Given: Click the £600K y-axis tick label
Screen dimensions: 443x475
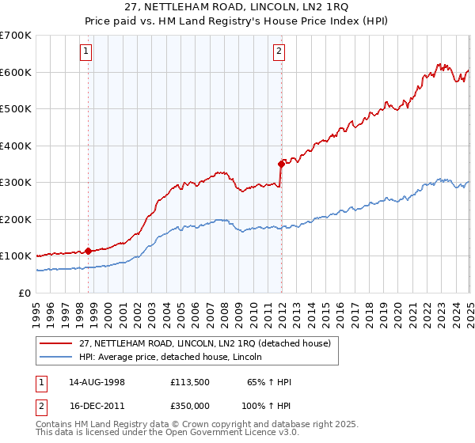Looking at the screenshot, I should pyautogui.click(x=16, y=72).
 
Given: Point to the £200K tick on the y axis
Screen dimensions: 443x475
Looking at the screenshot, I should pyautogui.click(x=16, y=219).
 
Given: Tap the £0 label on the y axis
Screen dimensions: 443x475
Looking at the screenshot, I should pyautogui.click(x=25, y=293).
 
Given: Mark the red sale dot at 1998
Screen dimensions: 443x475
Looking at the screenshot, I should pyautogui.click(x=88, y=251).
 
